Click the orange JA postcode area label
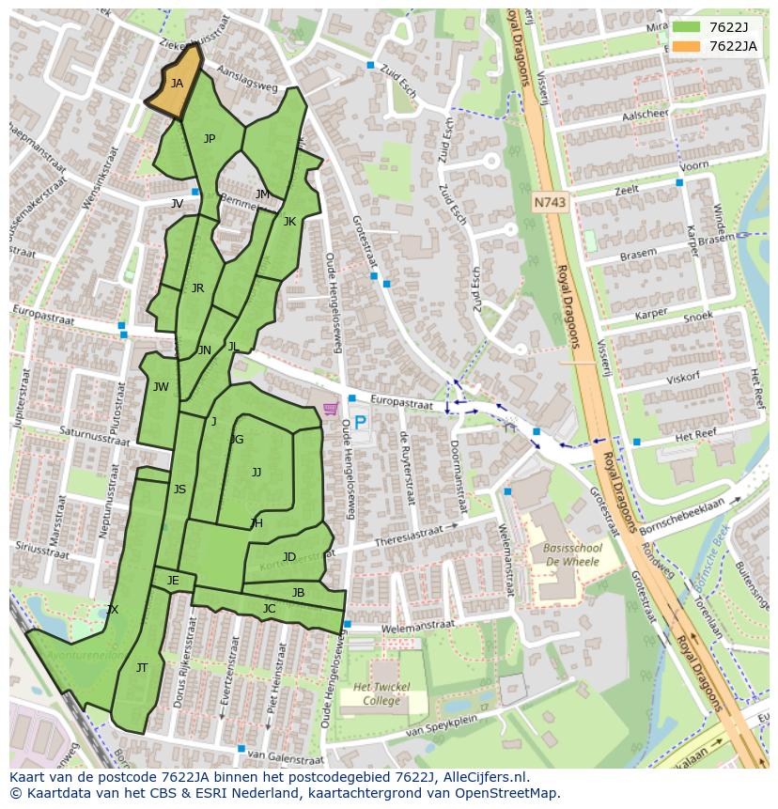pyautogui.click(x=177, y=84)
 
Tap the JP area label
pyautogui.click(x=210, y=139)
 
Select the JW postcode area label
pyautogui.click(x=161, y=387)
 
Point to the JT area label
pyautogui.click(x=142, y=668)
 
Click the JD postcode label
pyautogui.click(x=289, y=557)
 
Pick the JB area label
pyautogui.click(x=298, y=593)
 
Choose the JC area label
pyautogui.click(x=269, y=609)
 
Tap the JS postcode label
pyautogui.click(x=179, y=489)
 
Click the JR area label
pyautogui.click(x=197, y=288)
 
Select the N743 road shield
pyautogui.click(x=551, y=202)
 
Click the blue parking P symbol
pyautogui.click(x=360, y=423)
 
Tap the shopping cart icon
pyautogui.click(x=330, y=409)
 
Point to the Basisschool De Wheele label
pyautogui.click(x=572, y=554)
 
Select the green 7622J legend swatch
pyautogui.click(x=687, y=27)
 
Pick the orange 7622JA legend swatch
pyautogui.click(x=687, y=46)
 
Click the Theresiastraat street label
pyautogui.click(x=409, y=537)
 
